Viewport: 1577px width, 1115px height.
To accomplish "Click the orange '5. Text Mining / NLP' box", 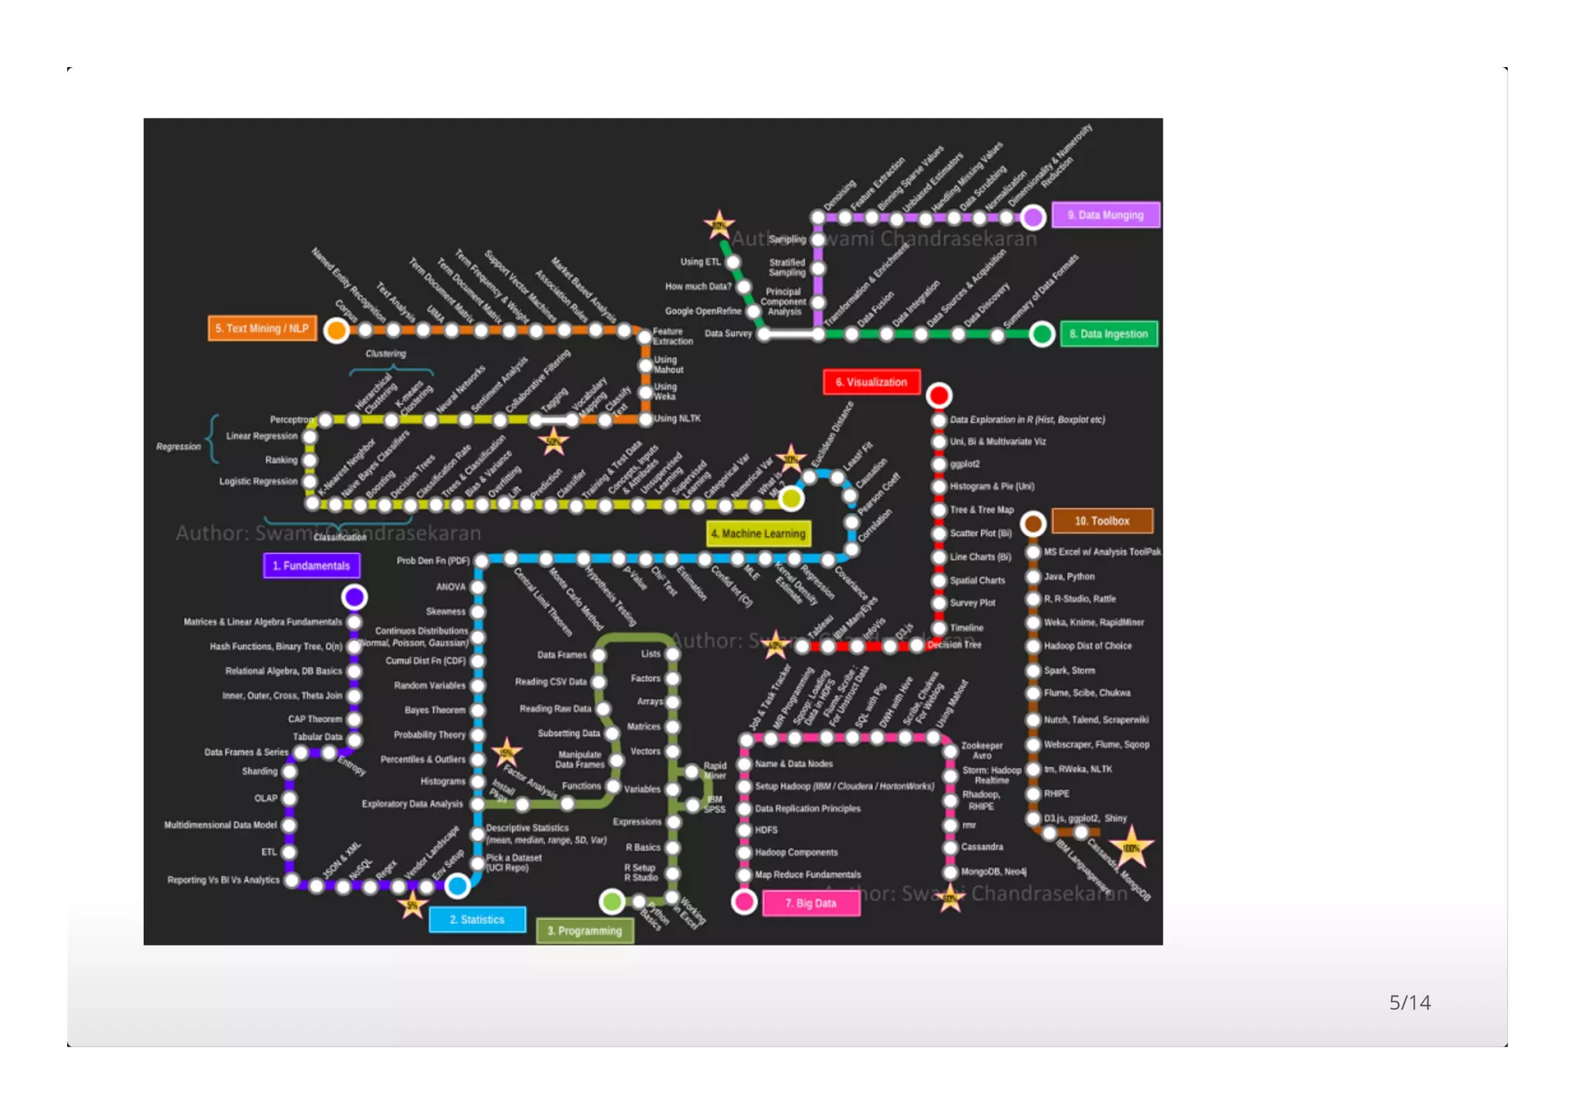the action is click(262, 328).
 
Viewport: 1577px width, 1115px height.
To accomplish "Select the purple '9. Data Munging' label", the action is click(1105, 215).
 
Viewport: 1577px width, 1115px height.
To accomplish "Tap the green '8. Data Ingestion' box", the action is click(1108, 333).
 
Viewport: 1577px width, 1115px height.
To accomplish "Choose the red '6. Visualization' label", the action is click(871, 382).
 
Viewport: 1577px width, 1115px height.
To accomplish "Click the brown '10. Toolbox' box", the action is click(1102, 521).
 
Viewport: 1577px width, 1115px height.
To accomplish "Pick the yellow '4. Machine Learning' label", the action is click(758, 533).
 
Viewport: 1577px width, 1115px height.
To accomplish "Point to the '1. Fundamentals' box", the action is click(311, 565).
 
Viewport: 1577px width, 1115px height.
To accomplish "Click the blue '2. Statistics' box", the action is click(477, 919).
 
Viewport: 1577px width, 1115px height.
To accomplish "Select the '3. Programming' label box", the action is click(584, 930).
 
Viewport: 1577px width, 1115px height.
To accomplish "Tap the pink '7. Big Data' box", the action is click(810, 902).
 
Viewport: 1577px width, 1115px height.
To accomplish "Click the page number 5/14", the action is click(1409, 1002).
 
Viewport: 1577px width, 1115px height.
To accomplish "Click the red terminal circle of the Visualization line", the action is click(939, 395).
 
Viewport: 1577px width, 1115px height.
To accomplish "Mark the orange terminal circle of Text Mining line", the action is click(336, 330).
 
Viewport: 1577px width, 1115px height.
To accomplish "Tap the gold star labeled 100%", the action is click(1130, 847).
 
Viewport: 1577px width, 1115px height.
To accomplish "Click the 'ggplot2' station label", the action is click(965, 464).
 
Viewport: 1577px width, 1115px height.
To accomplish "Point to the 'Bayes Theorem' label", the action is click(435, 710).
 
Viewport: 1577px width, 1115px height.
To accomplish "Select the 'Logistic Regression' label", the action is click(258, 481).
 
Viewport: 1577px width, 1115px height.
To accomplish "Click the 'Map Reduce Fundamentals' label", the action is click(808, 874).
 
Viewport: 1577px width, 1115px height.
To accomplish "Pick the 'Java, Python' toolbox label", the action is click(1069, 576).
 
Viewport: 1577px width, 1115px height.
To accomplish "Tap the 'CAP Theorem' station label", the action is click(315, 718).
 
